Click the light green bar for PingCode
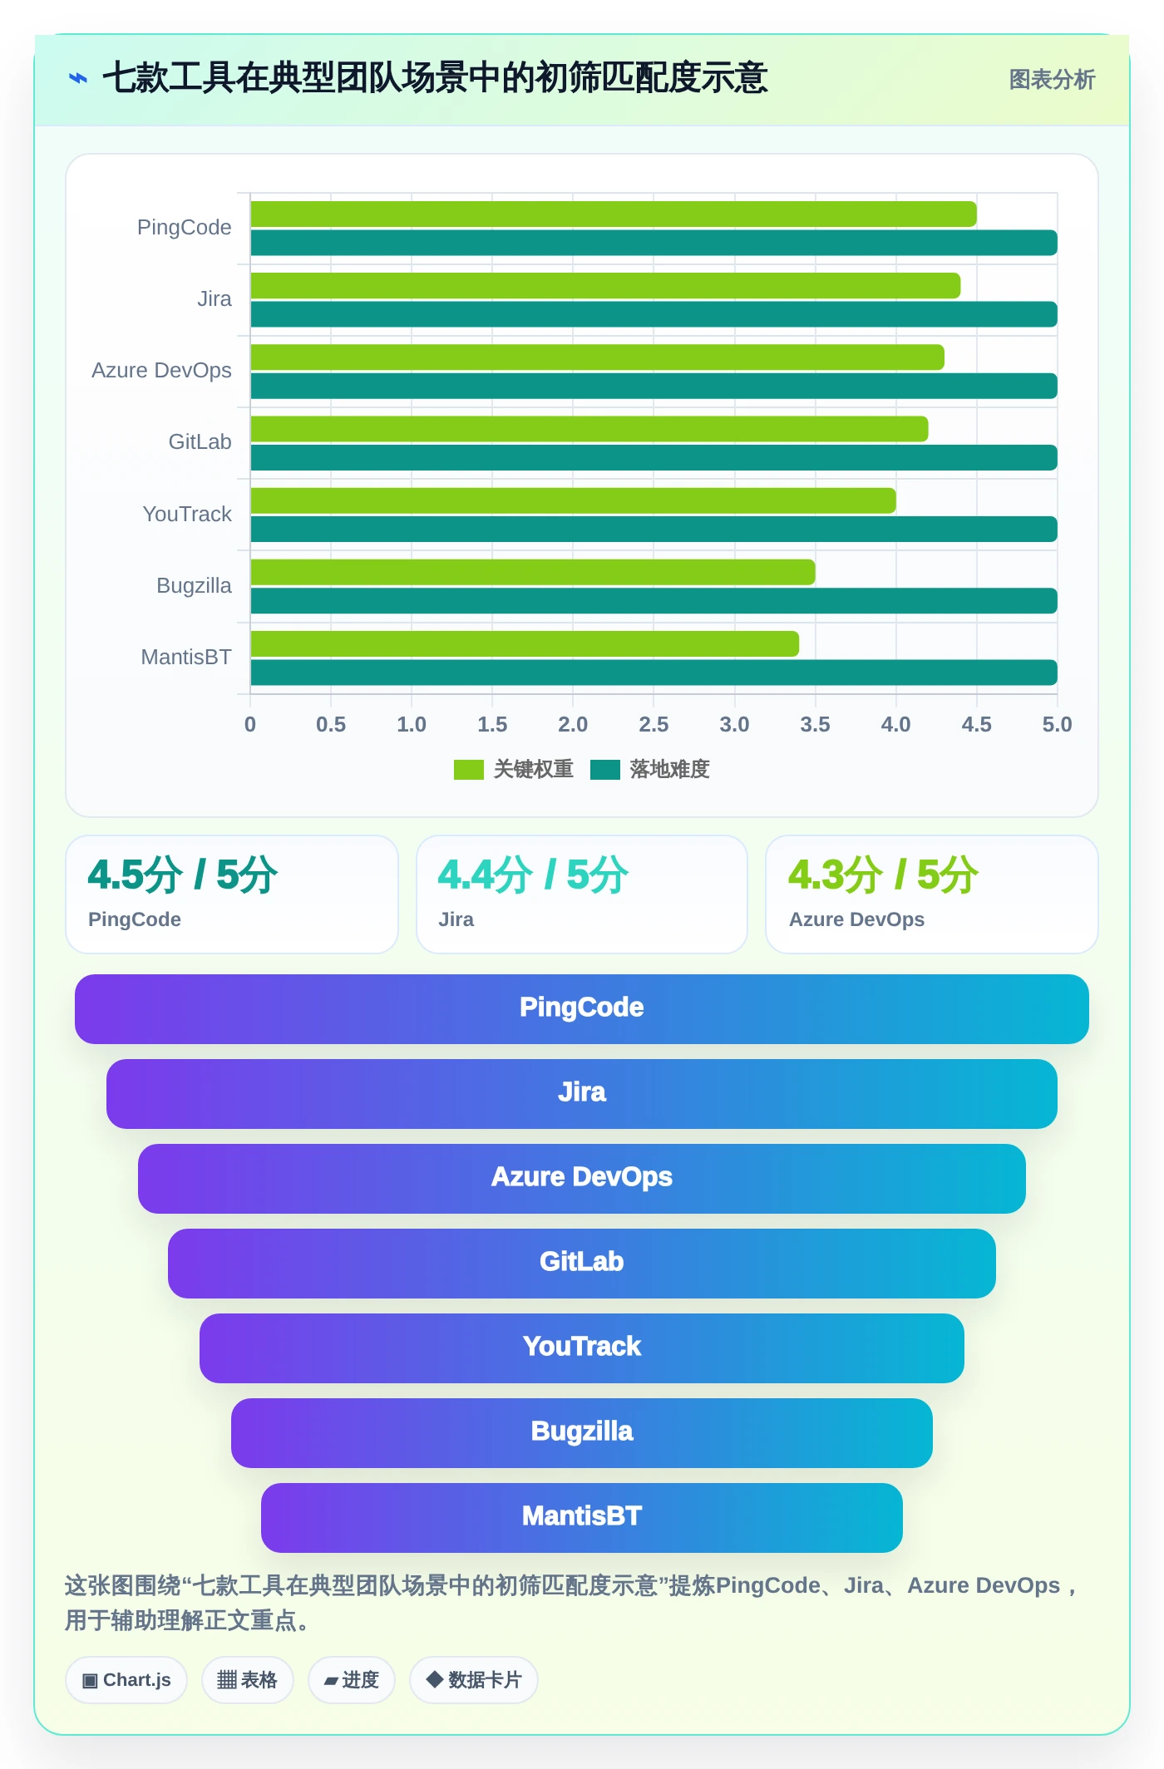coord(614,214)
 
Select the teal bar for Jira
coord(654,314)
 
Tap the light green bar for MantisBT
coord(525,643)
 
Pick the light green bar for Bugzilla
coord(533,572)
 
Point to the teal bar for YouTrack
coord(654,529)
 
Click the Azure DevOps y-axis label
coord(161,370)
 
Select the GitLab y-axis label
coord(200,441)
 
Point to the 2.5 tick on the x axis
coord(654,724)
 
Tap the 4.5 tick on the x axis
coord(976,724)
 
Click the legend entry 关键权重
coord(514,769)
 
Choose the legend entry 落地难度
coord(650,769)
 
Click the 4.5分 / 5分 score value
coord(183,875)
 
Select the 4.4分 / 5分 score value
coord(533,875)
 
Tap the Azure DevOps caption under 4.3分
coord(856,919)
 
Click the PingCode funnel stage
coord(582,1008)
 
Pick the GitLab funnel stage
coord(582,1263)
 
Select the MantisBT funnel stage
coord(582,1517)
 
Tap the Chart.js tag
coord(126,1680)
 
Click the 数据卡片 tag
coord(474,1680)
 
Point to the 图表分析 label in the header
coord(1052,80)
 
